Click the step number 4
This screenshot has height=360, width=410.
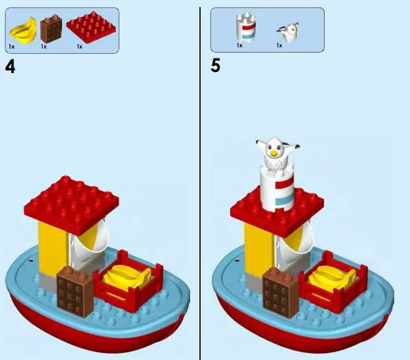(x=10, y=66)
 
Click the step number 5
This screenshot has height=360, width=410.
(x=216, y=66)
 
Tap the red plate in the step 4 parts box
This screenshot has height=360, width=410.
(x=91, y=26)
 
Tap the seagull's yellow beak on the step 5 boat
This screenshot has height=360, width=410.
(x=273, y=154)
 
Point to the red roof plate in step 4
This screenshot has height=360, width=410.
(x=72, y=202)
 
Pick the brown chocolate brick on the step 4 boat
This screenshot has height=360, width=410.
(x=74, y=290)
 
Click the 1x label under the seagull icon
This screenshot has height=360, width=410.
(x=279, y=46)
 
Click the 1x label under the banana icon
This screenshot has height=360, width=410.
(x=12, y=46)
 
